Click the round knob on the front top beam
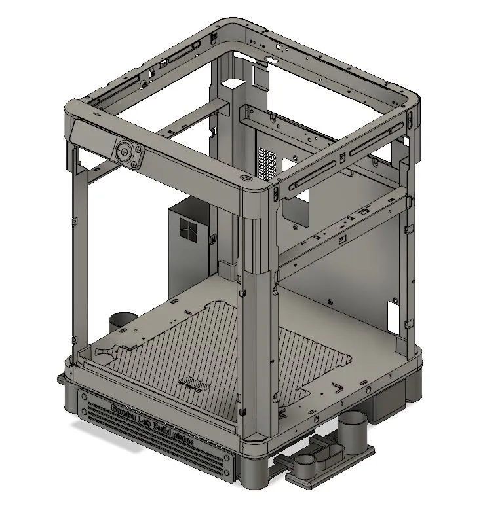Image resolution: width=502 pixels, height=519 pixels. [123, 151]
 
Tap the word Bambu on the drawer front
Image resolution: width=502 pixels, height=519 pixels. [124, 412]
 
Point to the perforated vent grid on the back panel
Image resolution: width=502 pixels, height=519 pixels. [265, 162]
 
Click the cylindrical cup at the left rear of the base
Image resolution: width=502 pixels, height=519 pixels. [122, 322]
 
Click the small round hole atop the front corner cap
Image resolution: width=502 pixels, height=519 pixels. [245, 177]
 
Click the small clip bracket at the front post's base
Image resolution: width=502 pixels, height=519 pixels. [225, 268]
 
